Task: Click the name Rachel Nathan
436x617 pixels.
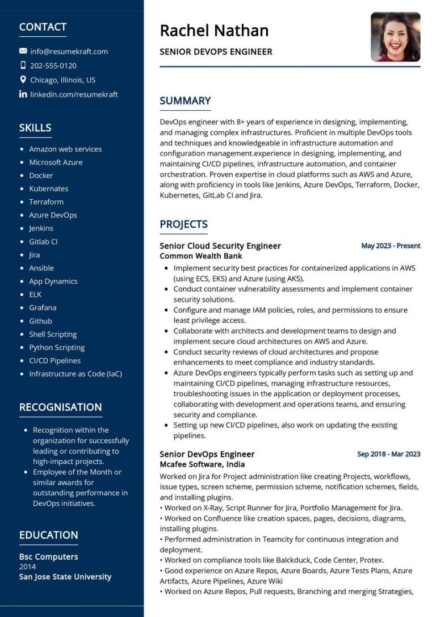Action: (214, 30)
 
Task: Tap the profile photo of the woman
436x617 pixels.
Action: (395, 37)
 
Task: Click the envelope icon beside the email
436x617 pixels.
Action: (23, 51)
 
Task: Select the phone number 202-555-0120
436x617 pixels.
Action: (53, 65)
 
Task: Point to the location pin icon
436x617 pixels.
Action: (23, 80)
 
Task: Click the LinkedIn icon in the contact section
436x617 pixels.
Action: (23, 94)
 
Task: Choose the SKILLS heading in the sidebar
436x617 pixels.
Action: (35, 128)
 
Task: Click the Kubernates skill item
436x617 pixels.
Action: (49, 188)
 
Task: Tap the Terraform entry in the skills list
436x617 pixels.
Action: (47, 202)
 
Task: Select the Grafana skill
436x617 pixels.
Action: (43, 308)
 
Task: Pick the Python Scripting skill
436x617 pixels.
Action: (57, 347)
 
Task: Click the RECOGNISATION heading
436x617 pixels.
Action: (61, 407)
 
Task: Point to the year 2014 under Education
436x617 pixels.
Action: (27, 566)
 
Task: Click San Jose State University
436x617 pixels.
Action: (65, 577)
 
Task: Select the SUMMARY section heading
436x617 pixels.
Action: (185, 101)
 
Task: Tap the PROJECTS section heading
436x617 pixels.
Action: (183, 224)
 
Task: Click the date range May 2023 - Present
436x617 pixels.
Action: (391, 246)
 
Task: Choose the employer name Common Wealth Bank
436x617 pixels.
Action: (201, 256)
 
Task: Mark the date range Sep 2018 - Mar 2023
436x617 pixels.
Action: (388, 454)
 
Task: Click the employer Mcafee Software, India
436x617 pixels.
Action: (203, 464)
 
